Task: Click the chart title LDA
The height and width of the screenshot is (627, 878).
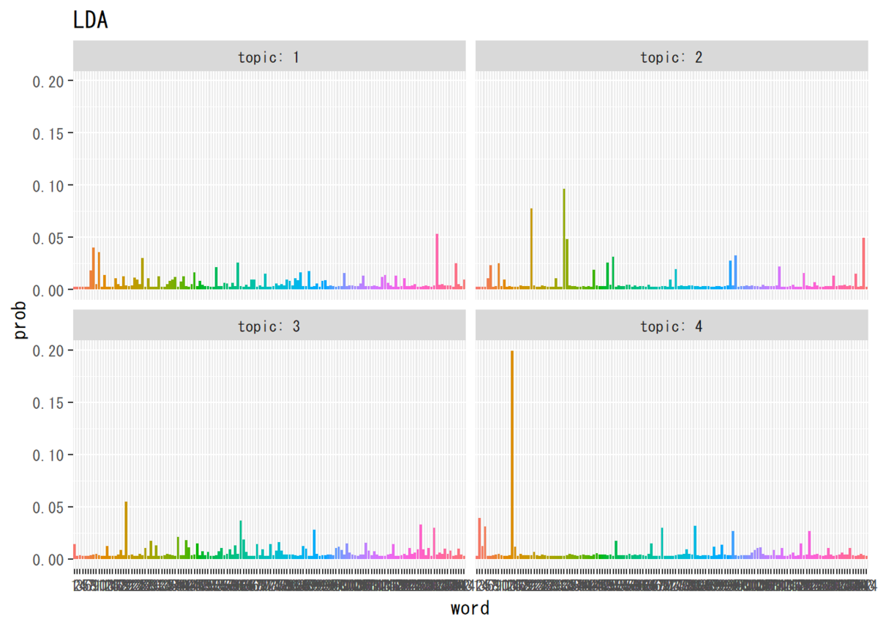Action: click(91, 20)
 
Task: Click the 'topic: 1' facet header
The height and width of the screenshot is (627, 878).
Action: click(269, 57)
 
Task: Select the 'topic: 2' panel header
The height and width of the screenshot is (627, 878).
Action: click(671, 57)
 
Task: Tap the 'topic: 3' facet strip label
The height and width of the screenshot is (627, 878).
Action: click(269, 326)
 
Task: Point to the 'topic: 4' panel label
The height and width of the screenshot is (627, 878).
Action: click(671, 326)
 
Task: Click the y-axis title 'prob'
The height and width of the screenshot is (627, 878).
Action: click(20, 320)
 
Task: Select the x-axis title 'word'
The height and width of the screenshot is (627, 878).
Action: click(470, 608)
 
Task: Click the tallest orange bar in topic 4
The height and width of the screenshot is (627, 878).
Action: click(512, 454)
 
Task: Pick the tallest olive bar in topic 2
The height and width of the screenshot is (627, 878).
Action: click(564, 238)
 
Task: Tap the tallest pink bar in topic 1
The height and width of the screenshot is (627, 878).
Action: click(437, 260)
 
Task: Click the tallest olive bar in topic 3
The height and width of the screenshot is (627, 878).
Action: click(126, 530)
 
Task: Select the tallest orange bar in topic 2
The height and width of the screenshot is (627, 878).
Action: click(531, 249)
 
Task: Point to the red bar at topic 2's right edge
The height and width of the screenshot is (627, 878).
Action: click(863, 263)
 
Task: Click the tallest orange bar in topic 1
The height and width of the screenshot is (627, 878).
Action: click(94, 268)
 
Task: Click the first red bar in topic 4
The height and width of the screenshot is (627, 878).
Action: click(479, 538)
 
